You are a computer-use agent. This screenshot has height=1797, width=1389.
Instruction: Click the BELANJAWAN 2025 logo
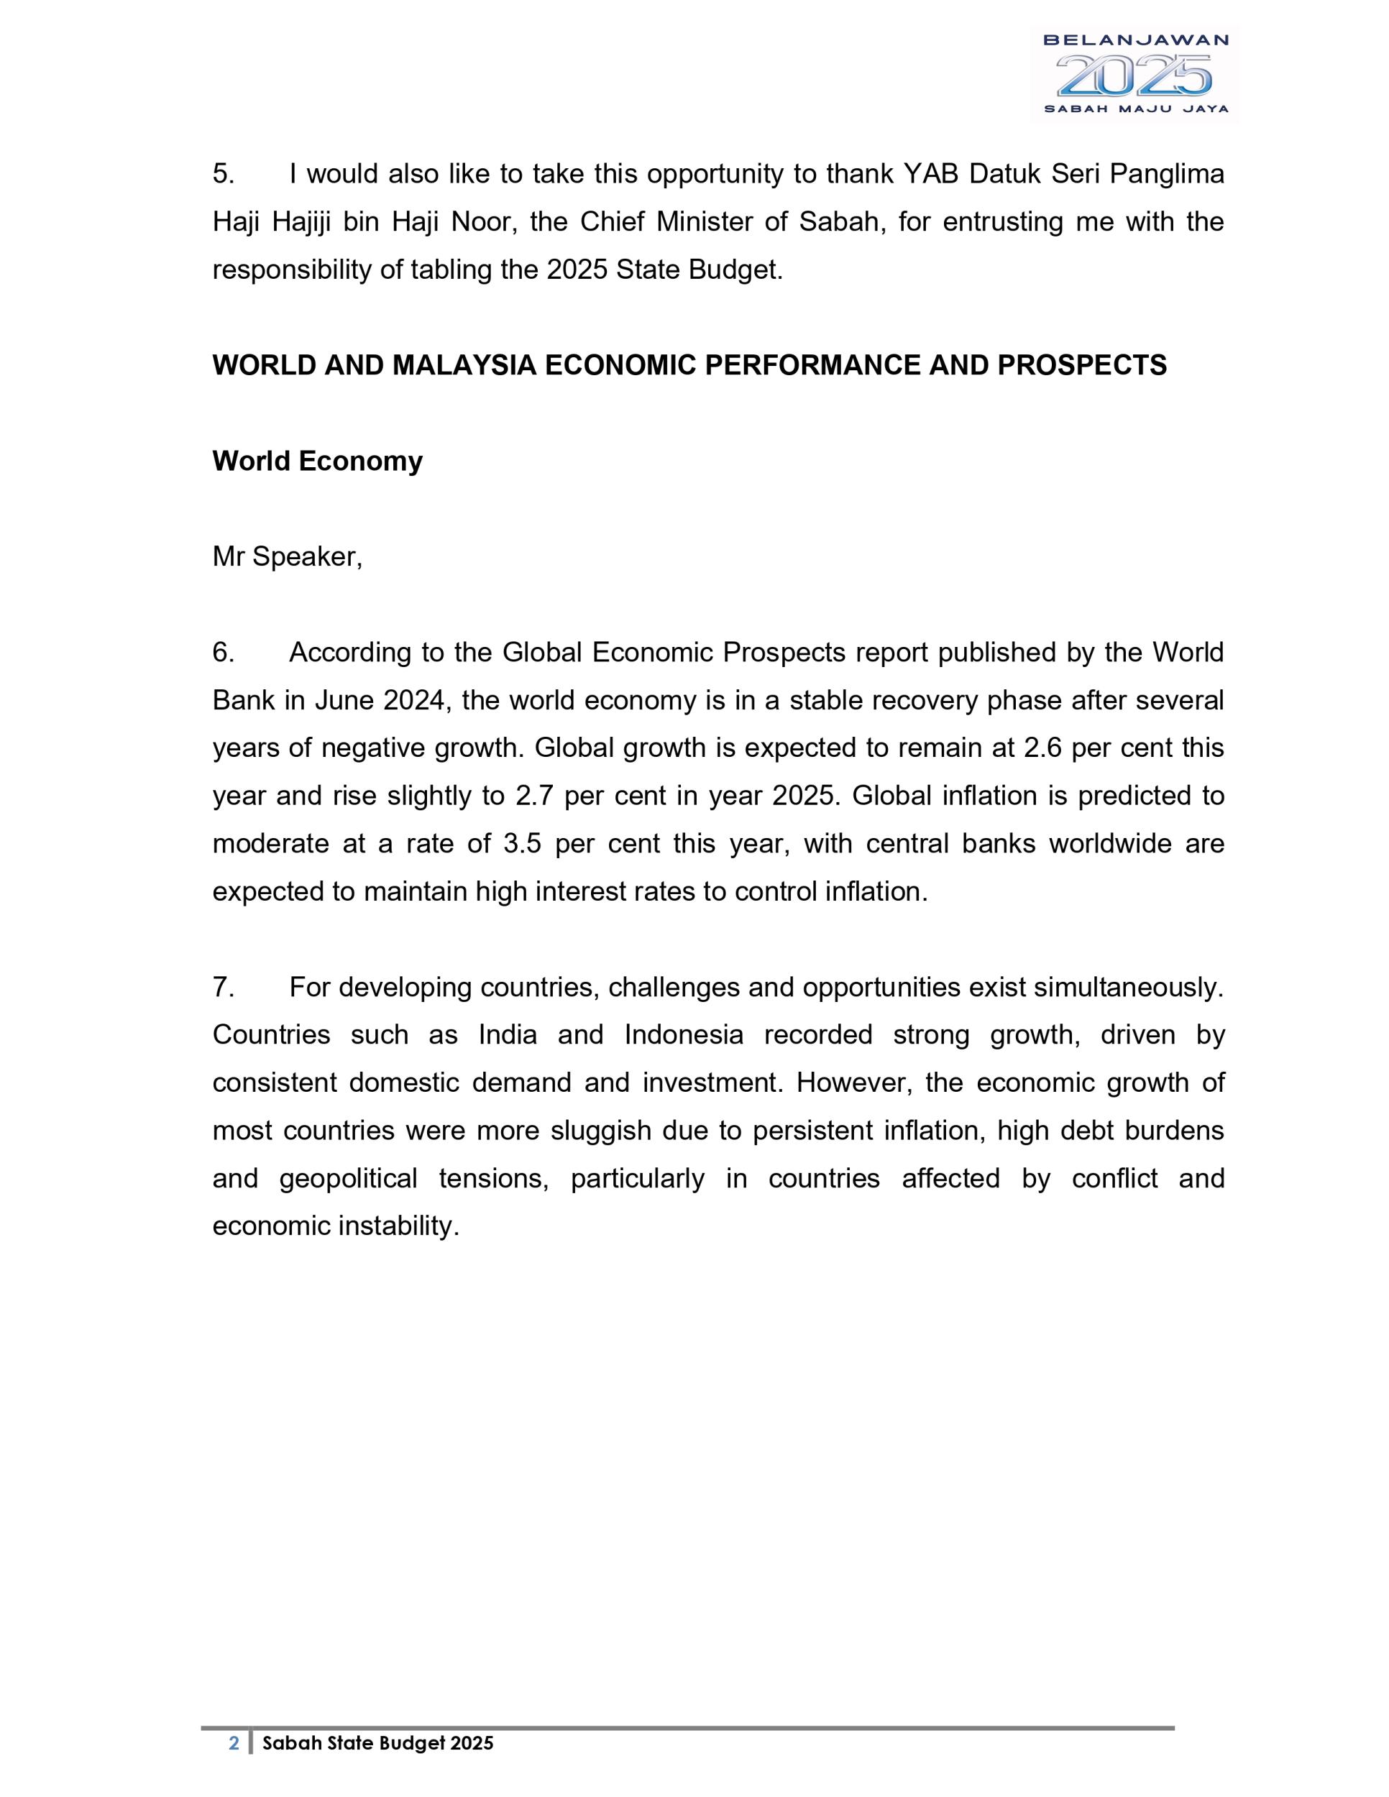click(1134, 74)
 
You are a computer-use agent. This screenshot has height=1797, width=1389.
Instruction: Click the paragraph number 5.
click(223, 175)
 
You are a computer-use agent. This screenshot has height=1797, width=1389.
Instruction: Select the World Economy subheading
click(318, 461)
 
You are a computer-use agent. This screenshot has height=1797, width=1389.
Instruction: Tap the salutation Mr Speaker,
click(287, 557)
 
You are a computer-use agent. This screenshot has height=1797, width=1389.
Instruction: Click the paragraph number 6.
click(223, 653)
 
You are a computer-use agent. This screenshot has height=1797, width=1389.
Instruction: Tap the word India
click(508, 1034)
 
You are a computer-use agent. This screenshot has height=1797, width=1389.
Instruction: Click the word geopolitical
click(349, 1178)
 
